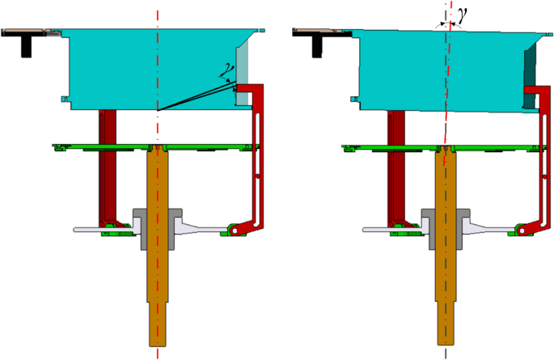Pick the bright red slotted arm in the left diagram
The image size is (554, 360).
pyautogui.click(x=258, y=154)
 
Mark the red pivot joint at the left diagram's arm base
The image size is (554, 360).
pyautogui.click(x=234, y=231)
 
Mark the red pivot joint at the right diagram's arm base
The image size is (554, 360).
pyautogui.click(x=522, y=231)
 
